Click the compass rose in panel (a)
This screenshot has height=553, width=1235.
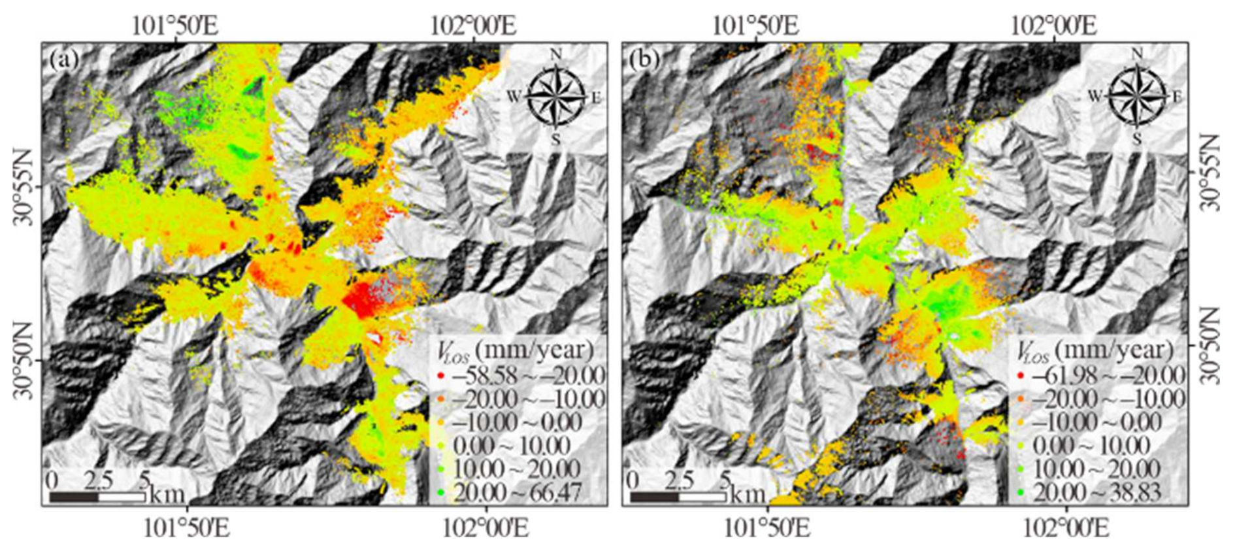(x=555, y=96)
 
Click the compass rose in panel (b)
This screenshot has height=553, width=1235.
(x=1136, y=96)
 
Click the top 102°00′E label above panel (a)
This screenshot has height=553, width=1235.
(x=473, y=26)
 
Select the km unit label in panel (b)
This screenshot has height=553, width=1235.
(x=748, y=494)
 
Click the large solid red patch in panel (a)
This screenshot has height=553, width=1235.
(x=363, y=301)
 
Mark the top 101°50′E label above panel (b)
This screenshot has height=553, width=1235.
(x=755, y=26)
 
